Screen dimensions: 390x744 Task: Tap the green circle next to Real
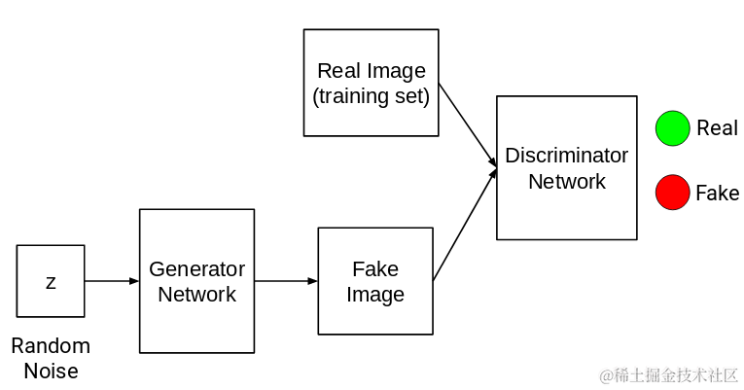click(672, 129)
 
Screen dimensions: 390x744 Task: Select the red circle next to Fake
click(672, 193)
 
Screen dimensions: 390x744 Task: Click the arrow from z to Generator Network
click(112, 281)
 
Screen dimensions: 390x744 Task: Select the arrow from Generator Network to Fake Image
click(286, 281)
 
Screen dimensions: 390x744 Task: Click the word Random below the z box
click(51, 346)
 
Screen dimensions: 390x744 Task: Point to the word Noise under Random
click(51, 371)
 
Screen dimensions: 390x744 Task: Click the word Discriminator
click(567, 156)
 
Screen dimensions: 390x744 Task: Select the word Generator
click(196, 269)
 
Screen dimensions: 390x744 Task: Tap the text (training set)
click(371, 96)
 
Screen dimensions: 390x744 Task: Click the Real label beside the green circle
click(717, 128)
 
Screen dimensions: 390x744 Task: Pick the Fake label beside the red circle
click(717, 194)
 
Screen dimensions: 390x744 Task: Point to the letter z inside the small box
click(51, 282)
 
